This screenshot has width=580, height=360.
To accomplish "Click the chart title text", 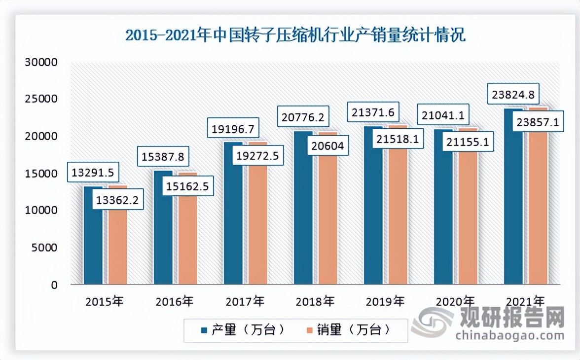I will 295,36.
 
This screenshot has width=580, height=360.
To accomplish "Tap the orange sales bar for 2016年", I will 187,242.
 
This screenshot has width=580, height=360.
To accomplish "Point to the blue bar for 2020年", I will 443,217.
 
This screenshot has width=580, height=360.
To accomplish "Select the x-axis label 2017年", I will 245,300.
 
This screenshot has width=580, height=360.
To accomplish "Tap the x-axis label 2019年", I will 385,300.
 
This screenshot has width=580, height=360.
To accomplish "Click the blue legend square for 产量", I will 203,330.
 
